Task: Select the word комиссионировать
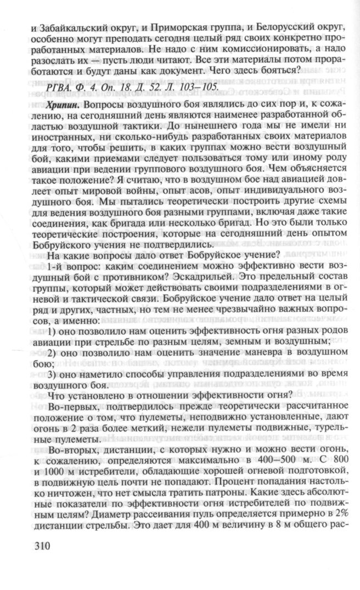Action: (x=259, y=48)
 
